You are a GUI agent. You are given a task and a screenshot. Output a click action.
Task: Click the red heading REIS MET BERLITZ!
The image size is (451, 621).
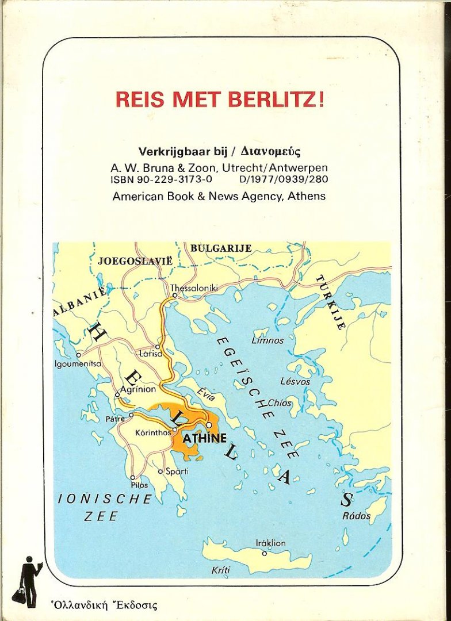[x=220, y=99]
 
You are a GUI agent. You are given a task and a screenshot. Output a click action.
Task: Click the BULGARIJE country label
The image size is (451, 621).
[x=220, y=248]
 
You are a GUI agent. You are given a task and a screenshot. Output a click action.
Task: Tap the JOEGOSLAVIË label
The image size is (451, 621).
[x=135, y=260]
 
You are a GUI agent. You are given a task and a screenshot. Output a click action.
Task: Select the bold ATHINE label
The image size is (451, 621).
[x=204, y=439]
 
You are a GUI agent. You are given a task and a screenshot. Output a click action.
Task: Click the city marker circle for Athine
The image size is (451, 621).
[x=209, y=425]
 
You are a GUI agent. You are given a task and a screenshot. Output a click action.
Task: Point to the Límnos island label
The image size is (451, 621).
[x=267, y=340]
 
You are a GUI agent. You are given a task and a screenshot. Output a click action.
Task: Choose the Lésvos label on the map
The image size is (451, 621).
[x=295, y=381]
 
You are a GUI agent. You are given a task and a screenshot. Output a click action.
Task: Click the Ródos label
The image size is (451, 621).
[x=357, y=516]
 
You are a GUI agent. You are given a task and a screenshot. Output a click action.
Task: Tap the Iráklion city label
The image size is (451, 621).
[x=270, y=543]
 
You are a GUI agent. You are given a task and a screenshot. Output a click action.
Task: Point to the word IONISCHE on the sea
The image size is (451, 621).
[x=105, y=499]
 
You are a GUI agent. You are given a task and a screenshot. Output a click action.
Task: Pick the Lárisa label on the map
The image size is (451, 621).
[x=151, y=354]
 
